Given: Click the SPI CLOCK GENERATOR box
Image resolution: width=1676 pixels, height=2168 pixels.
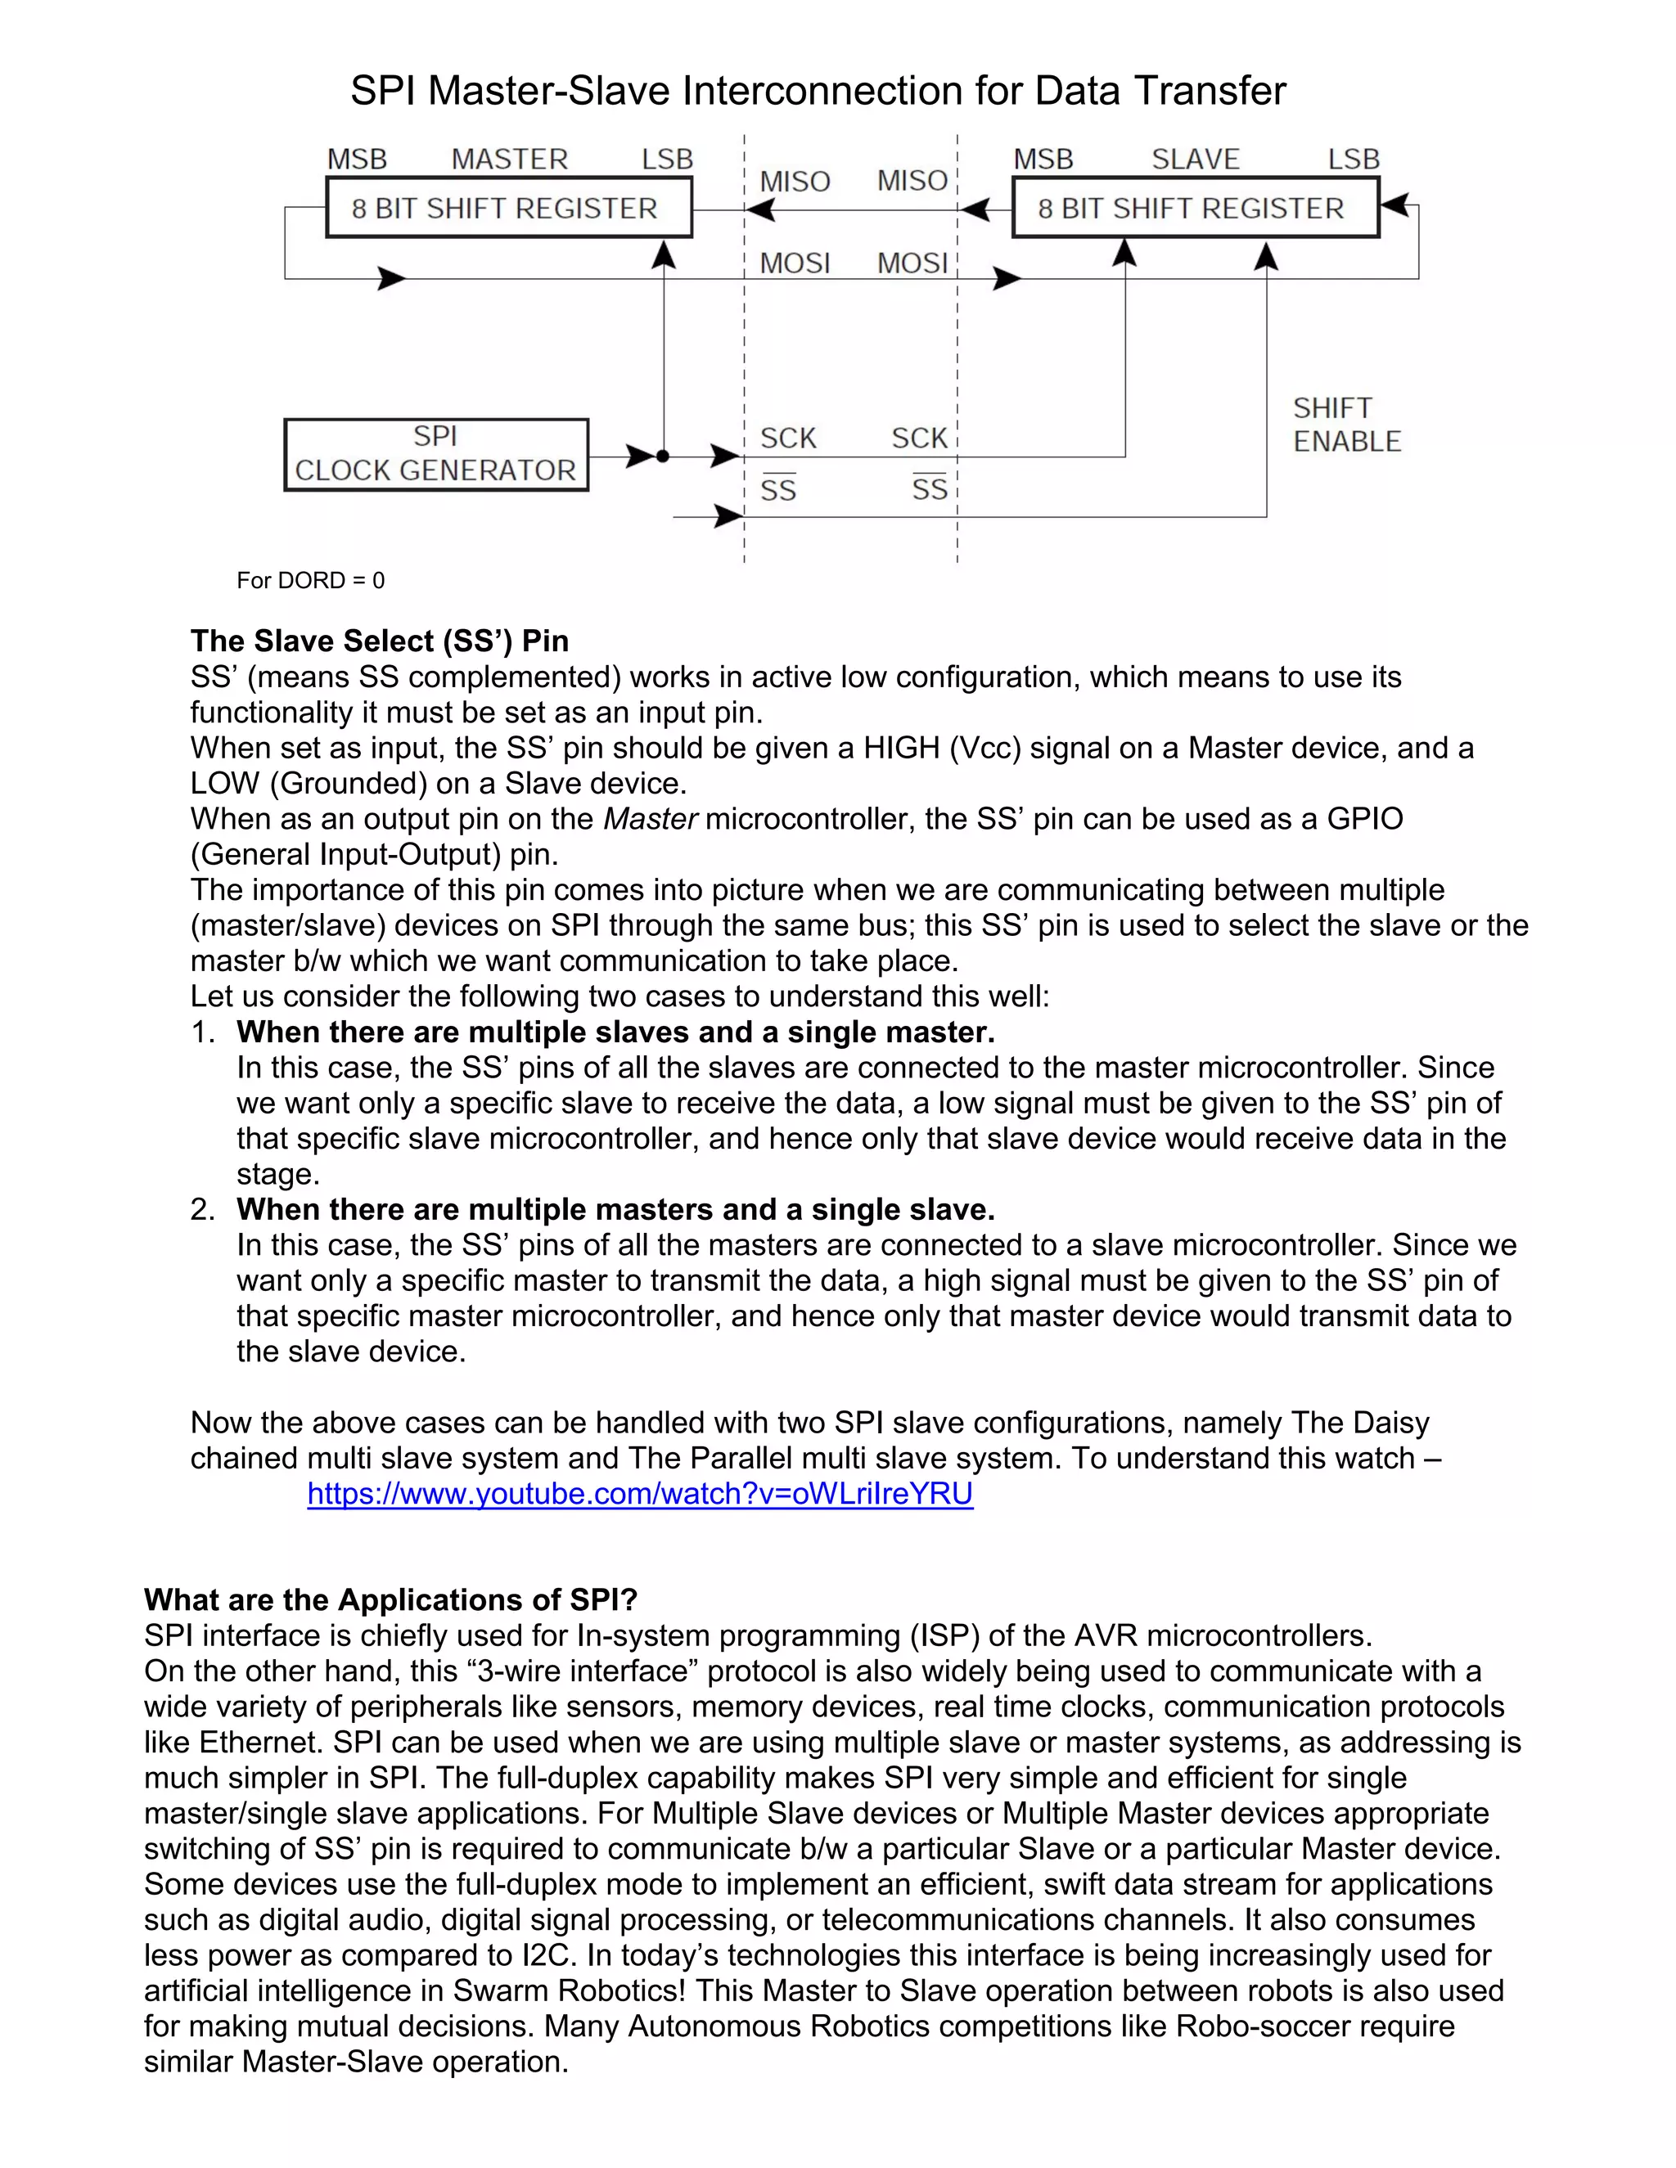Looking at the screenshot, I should coord(436,455).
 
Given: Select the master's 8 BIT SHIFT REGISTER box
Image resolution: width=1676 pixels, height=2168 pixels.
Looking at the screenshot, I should coord(508,208).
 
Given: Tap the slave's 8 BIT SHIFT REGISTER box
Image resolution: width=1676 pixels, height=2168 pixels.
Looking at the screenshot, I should coord(1196,208).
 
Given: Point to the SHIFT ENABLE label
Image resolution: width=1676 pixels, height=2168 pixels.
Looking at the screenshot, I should coord(1345,425).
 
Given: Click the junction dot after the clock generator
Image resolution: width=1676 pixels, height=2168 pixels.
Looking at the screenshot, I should coord(663,457).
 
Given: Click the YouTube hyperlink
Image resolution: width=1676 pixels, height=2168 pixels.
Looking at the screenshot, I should coord(641,1493).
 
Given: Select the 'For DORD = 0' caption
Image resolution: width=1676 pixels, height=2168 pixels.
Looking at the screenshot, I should coord(311,581).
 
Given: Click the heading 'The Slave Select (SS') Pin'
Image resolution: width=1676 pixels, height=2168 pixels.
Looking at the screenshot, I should coord(379,641).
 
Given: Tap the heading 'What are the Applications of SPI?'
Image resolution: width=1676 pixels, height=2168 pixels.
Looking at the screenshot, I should coord(390,1600).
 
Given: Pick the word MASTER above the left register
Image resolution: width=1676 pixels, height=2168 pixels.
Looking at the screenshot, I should coord(509,159).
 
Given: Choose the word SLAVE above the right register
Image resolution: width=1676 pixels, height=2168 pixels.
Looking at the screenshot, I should coord(1196,159).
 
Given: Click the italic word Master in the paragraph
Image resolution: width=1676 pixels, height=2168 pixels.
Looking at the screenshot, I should coord(651,819).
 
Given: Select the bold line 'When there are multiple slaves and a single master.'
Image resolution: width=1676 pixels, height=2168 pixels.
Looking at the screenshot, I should coord(615,1032).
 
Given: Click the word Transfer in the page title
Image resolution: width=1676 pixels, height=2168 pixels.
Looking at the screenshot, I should coord(1210,92).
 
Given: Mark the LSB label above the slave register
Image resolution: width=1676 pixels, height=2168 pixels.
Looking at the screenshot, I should coord(1354,159).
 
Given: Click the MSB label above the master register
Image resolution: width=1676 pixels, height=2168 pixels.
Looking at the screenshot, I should coord(358,159).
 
